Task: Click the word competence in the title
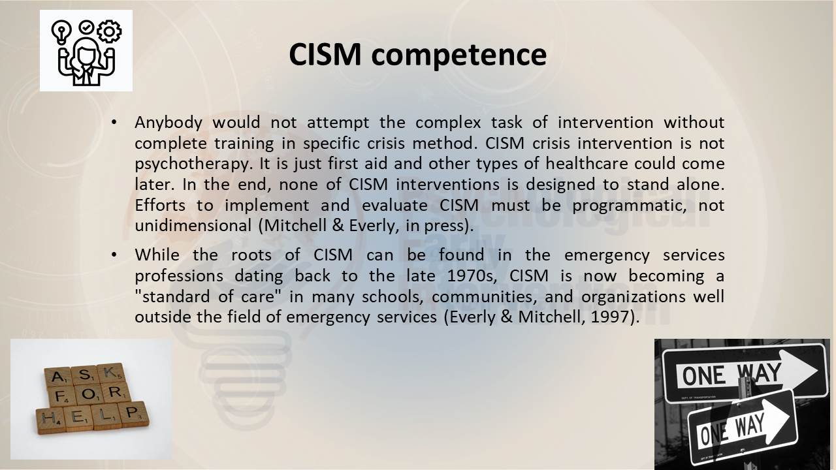458,55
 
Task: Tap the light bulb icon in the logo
61,32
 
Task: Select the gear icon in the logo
109,31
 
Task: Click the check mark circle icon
86,27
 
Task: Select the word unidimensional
193,226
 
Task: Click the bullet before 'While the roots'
114,255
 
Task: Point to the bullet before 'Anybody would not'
114,122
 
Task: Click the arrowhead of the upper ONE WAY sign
803,370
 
